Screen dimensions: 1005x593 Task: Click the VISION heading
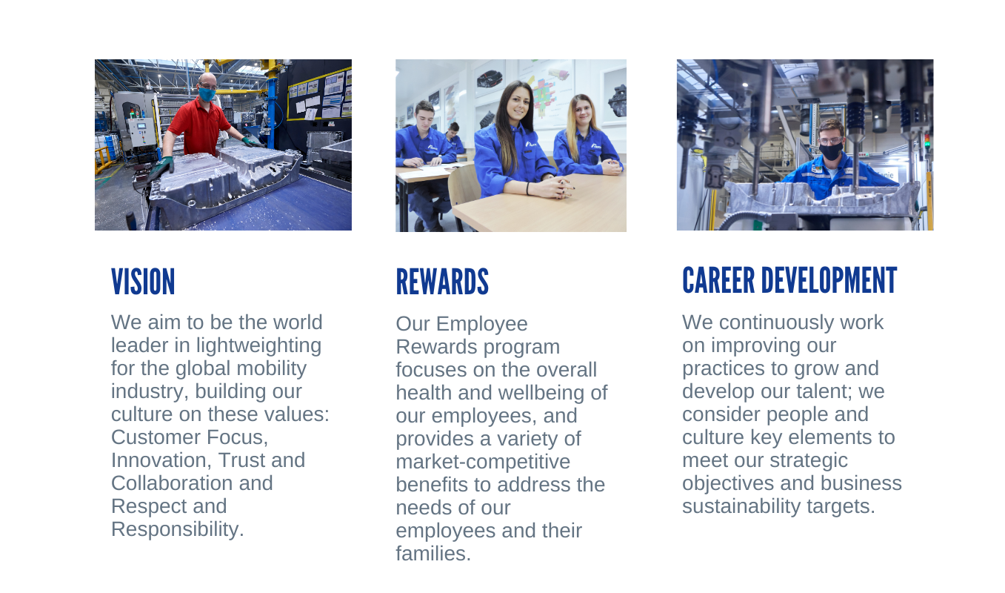pyautogui.click(x=143, y=282)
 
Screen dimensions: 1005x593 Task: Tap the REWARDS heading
pyautogui.click(x=442, y=282)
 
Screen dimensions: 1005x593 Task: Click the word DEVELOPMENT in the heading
pyautogui.click(x=829, y=280)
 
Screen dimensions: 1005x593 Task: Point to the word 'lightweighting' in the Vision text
pyautogui.click(x=258, y=346)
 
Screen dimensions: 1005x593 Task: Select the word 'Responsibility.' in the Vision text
pyautogui.click(x=178, y=529)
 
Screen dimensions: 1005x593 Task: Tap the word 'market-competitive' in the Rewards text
pyautogui.click(x=483, y=462)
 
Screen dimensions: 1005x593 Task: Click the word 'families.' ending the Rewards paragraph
pyautogui.click(x=433, y=554)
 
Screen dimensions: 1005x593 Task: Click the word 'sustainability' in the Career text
pyautogui.click(x=741, y=507)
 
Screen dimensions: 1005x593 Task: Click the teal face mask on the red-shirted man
pyautogui.click(x=207, y=94)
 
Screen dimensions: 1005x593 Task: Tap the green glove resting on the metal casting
pyautogui.click(x=161, y=168)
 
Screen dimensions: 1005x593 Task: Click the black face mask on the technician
pyautogui.click(x=830, y=151)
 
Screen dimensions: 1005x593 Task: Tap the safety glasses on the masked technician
pyautogui.click(x=830, y=142)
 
